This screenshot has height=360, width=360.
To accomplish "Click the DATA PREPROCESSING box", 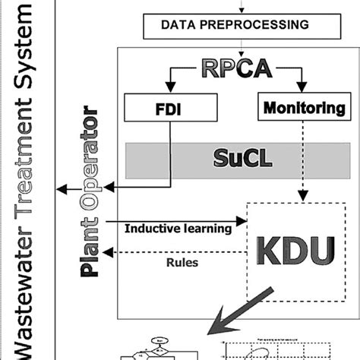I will pyautogui.click(x=235, y=25).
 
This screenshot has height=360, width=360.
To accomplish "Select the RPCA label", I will pyautogui.click(x=236, y=68).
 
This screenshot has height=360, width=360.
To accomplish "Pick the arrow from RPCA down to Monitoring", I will pyautogui.click(x=297, y=79).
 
